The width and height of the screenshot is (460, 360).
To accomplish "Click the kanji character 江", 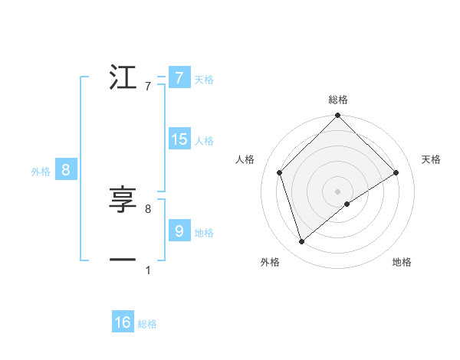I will pyautogui.click(x=123, y=78).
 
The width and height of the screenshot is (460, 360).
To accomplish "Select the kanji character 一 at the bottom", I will pyautogui.click(x=123, y=260).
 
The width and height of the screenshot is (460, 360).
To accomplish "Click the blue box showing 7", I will pyautogui.click(x=179, y=78).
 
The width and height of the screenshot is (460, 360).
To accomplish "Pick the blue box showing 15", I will pyautogui.click(x=179, y=139).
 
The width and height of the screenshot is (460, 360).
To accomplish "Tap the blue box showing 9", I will pyautogui.click(x=179, y=231).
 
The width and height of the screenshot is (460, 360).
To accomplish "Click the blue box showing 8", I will pyautogui.click(x=66, y=170).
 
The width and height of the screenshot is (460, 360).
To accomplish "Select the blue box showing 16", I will pyautogui.click(x=123, y=322).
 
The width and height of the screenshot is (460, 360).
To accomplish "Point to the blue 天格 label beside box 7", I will pyautogui.click(x=203, y=80).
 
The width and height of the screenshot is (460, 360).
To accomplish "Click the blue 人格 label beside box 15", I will pyautogui.click(x=204, y=141).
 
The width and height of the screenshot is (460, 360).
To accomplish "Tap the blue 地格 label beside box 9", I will pyautogui.click(x=204, y=233).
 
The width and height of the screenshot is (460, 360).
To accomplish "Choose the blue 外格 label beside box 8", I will pyautogui.click(x=41, y=172).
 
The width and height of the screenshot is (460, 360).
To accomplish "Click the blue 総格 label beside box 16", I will pyautogui.click(x=147, y=324).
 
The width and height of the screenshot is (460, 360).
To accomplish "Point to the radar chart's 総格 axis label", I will pyautogui.click(x=337, y=100).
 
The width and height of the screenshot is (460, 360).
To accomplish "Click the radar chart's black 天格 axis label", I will pyautogui.click(x=431, y=159).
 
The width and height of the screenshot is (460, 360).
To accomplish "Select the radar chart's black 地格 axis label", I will pyautogui.click(x=402, y=262).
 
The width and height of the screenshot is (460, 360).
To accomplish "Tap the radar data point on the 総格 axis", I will pyautogui.click(x=337, y=116).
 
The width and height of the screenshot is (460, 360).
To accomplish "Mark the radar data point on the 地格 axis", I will pyautogui.click(x=347, y=204).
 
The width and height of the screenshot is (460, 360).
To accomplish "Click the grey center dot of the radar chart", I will pyautogui.click(x=337, y=191).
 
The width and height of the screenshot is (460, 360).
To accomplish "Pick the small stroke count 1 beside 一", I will pyautogui.click(x=147, y=270).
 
